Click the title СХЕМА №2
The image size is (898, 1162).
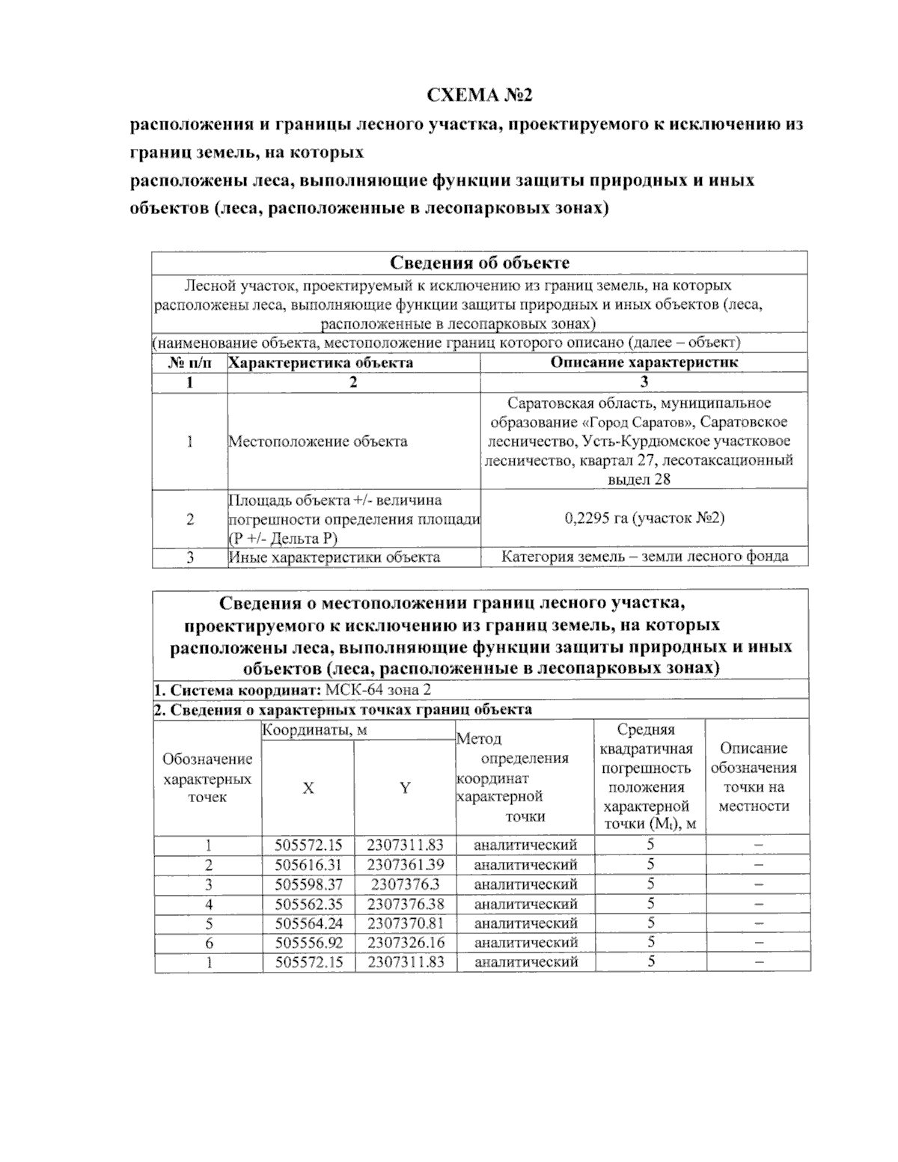pyautogui.click(x=479, y=96)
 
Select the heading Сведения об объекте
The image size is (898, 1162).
pyautogui.click(x=480, y=263)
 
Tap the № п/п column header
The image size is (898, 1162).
pyautogui.click(x=190, y=362)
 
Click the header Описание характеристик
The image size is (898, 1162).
pyautogui.click(x=644, y=362)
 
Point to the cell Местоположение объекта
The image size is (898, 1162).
pyautogui.click(x=318, y=441)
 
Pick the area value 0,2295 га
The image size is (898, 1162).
pyautogui.click(x=644, y=518)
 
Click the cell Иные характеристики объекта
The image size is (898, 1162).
pyautogui.click(x=335, y=557)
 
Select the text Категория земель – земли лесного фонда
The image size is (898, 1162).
pyautogui.click(x=644, y=557)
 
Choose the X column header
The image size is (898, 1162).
pyautogui.click(x=308, y=788)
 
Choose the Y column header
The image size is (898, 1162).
pyautogui.click(x=405, y=788)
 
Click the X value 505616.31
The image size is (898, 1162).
pyautogui.click(x=308, y=864)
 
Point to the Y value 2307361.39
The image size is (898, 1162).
pyautogui.click(x=405, y=864)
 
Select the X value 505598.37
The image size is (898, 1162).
pyautogui.click(x=308, y=884)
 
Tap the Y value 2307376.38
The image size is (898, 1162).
pyautogui.click(x=405, y=904)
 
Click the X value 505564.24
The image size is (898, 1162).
pyautogui.click(x=308, y=923)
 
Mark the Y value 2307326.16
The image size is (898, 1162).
pyautogui.click(x=405, y=943)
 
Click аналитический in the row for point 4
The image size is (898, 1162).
pyautogui.click(x=525, y=904)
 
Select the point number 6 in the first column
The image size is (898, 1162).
pyautogui.click(x=208, y=943)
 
